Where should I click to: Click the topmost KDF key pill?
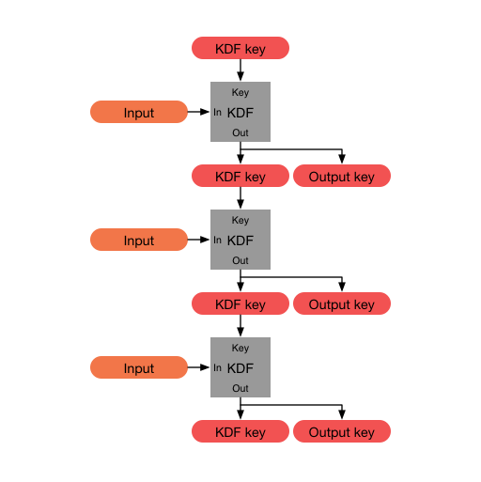240,48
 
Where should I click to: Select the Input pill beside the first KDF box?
139,113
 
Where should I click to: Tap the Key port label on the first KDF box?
240,92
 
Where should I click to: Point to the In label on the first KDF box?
218,113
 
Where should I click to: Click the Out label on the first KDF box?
240,132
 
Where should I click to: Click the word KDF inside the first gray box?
240,113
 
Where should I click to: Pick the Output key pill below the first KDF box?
342,176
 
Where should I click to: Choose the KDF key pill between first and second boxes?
240,176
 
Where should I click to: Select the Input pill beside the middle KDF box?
139,241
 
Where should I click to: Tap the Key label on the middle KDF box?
240,220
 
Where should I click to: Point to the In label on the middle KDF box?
218,241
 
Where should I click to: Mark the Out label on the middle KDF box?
240,260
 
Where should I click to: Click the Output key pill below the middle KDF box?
342,303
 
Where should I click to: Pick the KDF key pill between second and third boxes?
240,303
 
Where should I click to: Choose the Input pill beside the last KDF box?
139,368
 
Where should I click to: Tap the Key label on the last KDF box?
240,348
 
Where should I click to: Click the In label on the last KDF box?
218,368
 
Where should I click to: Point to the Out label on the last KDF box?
240,388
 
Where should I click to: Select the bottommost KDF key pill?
240,431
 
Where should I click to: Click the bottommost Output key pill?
342,431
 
